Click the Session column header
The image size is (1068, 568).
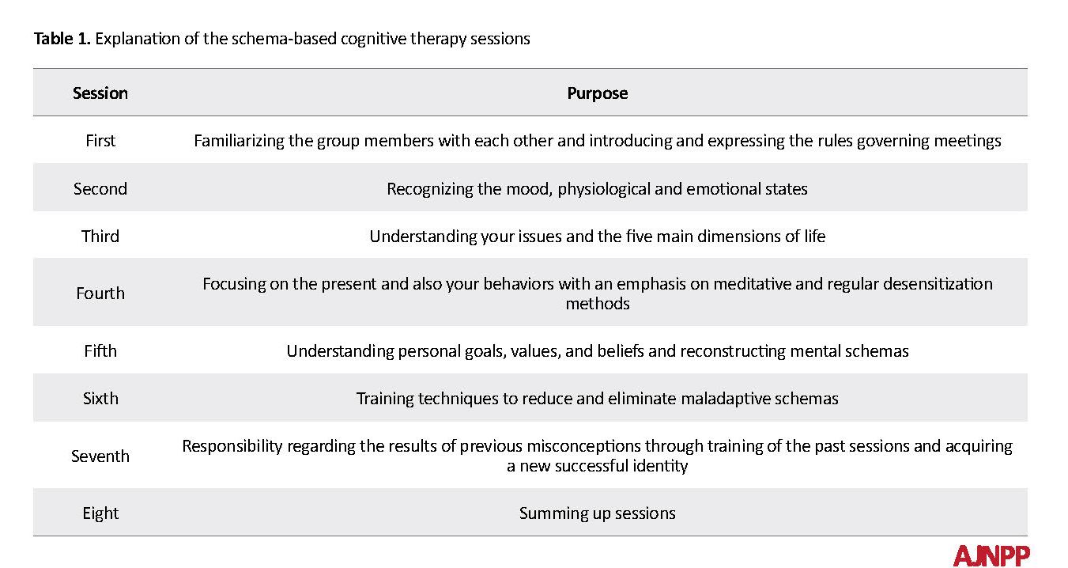[x=100, y=93]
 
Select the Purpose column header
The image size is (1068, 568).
[x=598, y=93]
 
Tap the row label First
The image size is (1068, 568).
[x=100, y=141]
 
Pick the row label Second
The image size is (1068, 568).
[x=100, y=189]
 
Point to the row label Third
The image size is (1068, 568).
[x=100, y=237]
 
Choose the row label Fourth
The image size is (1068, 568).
[x=100, y=293]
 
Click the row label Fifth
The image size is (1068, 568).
[x=100, y=350]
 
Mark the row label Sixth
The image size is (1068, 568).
[x=100, y=399]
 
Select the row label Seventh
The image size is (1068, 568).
[x=100, y=456]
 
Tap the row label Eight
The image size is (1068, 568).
[x=100, y=513]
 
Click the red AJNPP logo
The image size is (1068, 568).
[x=991, y=555]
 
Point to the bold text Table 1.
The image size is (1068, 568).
[x=62, y=39]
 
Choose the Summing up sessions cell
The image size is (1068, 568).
[x=598, y=513]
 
